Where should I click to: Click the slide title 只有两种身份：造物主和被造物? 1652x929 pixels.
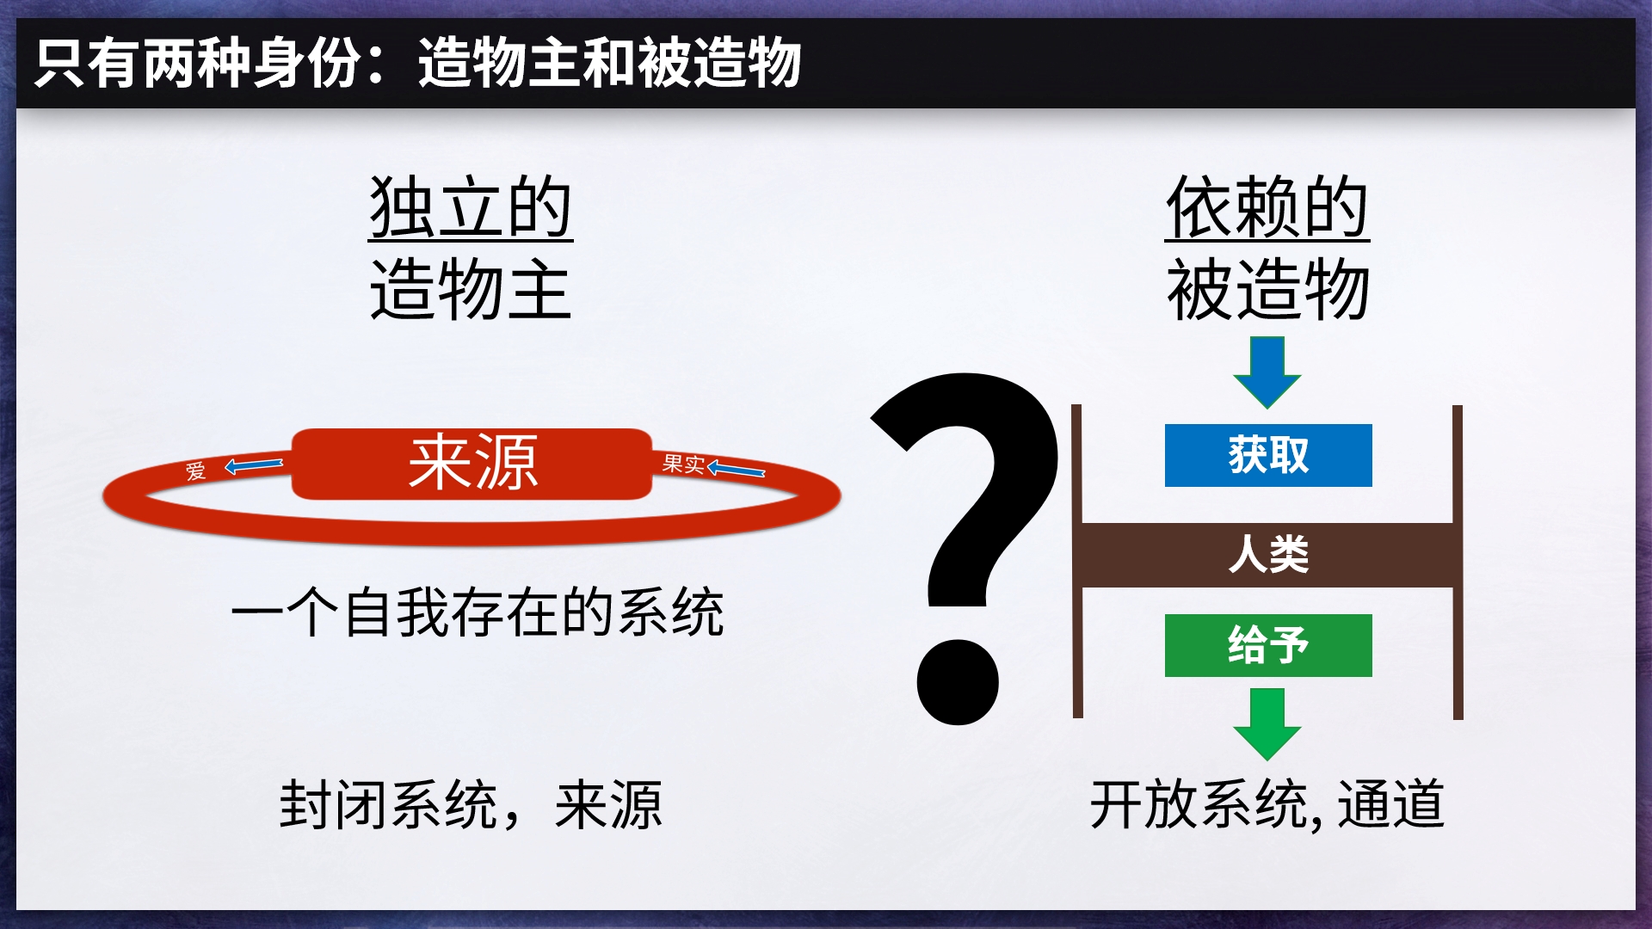pyautogui.click(x=418, y=63)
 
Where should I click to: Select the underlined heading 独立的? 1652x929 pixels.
pyautogui.click(x=471, y=207)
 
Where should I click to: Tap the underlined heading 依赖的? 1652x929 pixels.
pyautogui.click(x=1267, y=207)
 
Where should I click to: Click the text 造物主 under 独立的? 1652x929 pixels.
pyautogui.click(x=471, y=290)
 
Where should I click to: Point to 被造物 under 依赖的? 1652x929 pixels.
pyautogui.click(x=1267, y=290)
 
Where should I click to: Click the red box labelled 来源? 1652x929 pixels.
pyautogui.click(x=472, y=464)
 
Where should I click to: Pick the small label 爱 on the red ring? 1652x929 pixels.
pyautogui.click(x=196, y=471)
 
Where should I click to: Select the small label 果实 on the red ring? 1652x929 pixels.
pyautogui.click(x=683, y=464)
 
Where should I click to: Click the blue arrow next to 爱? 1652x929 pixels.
pyautogui.click(x=254, y=466)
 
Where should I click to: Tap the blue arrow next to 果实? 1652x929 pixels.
pyautogui.click(x=736, y=469)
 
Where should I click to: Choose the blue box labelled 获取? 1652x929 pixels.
pyautogui.click(x=1268, y=455)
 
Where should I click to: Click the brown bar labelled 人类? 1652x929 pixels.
pyautogui.click(x=1267, y=555)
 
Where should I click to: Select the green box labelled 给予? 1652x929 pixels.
pyautogui.click(x=1268, y=645)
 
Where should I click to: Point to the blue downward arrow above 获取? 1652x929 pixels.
pyautogui.click(x=1267, y=372)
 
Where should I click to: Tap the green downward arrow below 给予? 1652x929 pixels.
pyautogui.click(x=1267, y=724)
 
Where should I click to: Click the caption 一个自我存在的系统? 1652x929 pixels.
pyautogui.click(x=478, y=612)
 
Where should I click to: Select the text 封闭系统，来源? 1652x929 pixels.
pyautogui.click(x=471, y=805)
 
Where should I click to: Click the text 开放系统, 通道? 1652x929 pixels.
pyautogui.click(x=1267, y=805)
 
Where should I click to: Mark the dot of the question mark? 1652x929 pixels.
pyautogui.click(x=958, y=682)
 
